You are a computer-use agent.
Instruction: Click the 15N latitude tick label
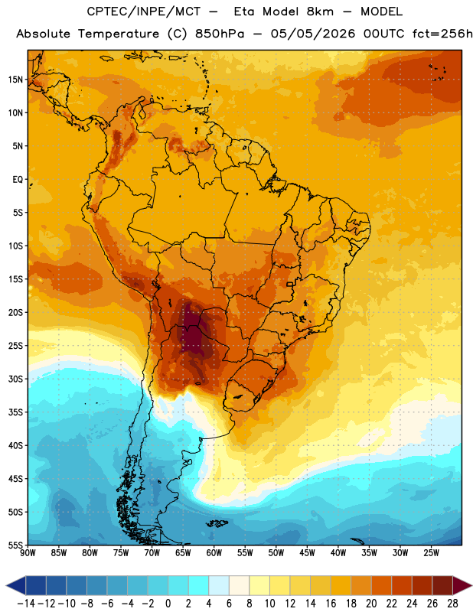tap(16, 80)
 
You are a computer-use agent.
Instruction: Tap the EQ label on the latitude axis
tap(18, 180)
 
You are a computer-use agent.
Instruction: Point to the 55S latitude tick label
tap(16, 545)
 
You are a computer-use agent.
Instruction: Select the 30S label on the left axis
tap(16, 379)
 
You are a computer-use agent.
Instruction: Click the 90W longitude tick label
tap(28, 552)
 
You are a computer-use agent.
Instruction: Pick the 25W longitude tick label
tap(431, 552)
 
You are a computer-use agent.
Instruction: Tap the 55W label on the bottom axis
tap(245, 552)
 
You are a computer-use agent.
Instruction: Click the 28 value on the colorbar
tap(452, 604)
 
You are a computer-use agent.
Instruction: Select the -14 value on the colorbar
tap(26, 604)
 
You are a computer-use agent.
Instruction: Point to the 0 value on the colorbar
tap(168, 604)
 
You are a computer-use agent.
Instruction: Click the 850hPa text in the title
tap(219, 34)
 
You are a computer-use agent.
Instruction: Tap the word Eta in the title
tap(244, 11)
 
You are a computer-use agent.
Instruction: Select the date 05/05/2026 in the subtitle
tap(313, 34)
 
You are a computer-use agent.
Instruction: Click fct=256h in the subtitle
tap(442, 34)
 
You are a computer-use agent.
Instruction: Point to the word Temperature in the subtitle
tap(119, 34)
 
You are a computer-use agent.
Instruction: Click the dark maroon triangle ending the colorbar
tap(462, 585)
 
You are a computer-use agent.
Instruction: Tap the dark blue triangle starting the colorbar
tap(16, 585)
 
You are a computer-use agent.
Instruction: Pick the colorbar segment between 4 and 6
tap(219, 585)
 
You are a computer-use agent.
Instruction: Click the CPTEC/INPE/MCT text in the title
tap(143, 11)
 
